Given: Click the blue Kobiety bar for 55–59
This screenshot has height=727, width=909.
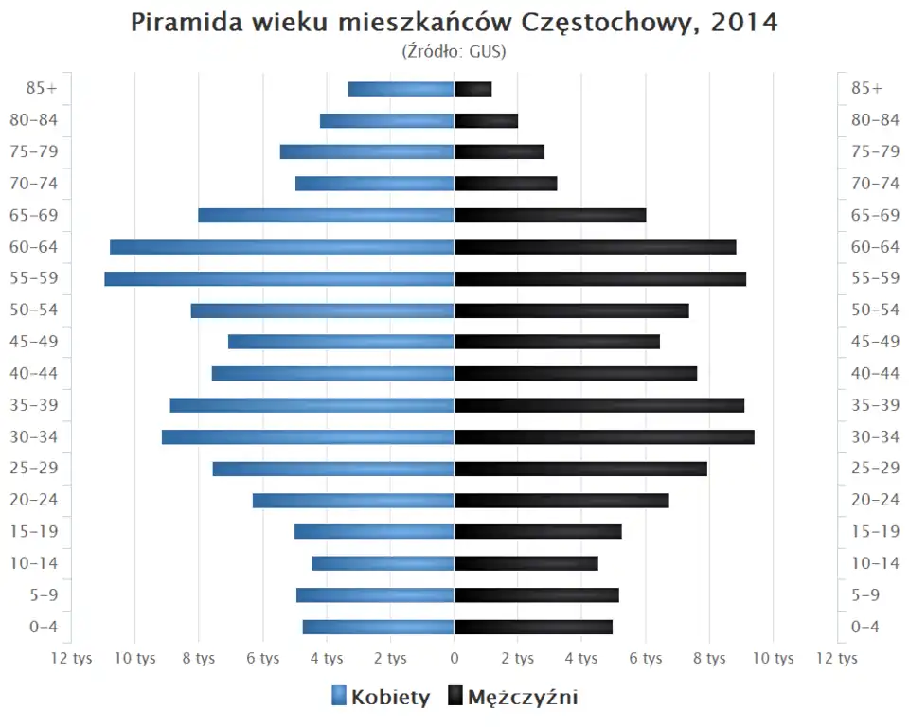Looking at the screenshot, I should point(279,278).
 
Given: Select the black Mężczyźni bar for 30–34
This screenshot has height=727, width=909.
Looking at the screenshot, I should point(604,436).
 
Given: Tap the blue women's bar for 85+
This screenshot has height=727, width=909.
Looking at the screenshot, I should point(401,89).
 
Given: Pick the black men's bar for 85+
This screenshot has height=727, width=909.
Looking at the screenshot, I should point(472,89).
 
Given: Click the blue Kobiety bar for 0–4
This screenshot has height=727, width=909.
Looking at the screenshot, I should point(378,627).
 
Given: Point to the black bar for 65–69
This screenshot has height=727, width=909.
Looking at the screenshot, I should point(550,215).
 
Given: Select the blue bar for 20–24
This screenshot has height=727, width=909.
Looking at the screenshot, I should point(353,500).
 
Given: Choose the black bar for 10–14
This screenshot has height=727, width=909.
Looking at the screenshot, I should point(526,563).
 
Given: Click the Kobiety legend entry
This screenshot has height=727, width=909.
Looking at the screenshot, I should point(381,698).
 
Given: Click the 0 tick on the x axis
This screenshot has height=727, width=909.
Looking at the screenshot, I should point(454,658).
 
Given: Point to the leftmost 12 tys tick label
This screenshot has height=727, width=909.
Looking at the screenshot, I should point(71,658).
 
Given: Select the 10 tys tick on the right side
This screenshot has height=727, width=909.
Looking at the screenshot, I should point(774,658).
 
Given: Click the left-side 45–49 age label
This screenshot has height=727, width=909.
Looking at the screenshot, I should point(33,342).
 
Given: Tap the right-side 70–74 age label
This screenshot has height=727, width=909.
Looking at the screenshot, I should point(875,184).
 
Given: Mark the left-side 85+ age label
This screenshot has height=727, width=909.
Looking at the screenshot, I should point(42,89).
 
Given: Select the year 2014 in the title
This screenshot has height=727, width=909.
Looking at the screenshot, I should point(744,23).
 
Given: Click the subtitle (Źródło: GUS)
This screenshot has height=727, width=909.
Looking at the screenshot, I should point(454,51).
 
